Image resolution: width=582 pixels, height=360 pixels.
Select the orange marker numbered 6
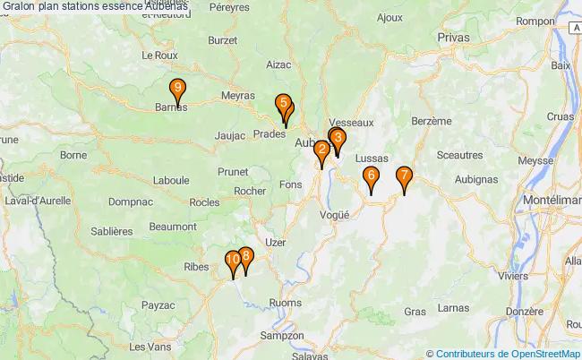point(371,176)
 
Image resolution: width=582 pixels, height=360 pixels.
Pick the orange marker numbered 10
point(233,261)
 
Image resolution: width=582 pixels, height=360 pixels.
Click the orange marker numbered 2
point(321,150)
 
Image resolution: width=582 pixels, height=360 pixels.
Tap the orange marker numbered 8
point(245,256)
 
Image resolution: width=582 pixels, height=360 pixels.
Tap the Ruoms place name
point(285,303)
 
